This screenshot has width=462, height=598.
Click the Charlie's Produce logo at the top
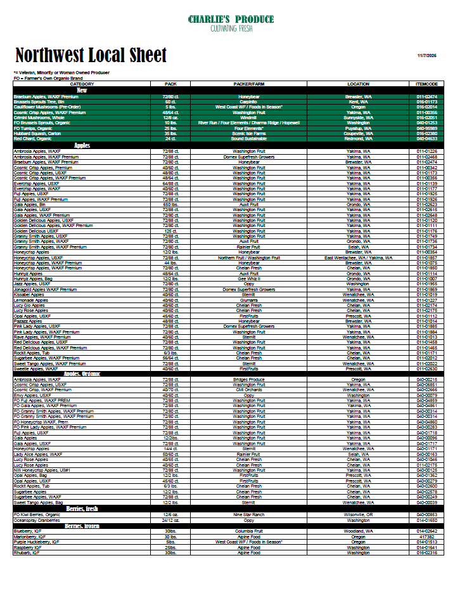(231, 23)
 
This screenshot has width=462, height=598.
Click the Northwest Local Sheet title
(91, 55)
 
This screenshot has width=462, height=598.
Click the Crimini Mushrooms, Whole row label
(39, 118)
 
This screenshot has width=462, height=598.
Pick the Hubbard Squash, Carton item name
(37, 134)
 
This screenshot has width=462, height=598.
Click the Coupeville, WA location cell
(359, 134)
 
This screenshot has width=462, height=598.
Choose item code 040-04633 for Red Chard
(427, 139)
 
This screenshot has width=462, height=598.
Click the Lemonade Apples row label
(31, 300)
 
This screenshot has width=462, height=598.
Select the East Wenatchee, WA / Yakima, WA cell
(359, 258)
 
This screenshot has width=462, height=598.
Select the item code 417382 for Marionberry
(427, 536)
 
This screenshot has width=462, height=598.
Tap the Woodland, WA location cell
(359, 531)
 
